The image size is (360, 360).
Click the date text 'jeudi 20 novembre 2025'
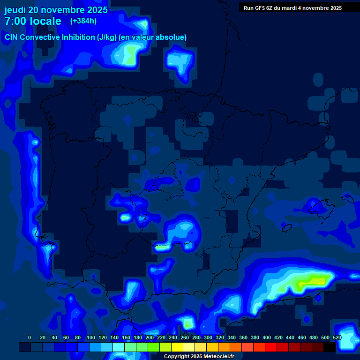(56, 10)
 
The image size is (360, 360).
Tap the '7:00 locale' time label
(33, 21)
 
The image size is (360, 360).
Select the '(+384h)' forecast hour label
(83, 21)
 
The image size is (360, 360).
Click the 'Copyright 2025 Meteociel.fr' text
(199, 357)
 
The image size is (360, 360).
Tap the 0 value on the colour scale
(30, 337)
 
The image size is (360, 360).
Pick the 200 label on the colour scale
(150, 337)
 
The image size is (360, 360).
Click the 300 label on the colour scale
(208, 337)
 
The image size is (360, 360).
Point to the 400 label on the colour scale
(267, 337)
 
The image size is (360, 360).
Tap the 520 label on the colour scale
(337, 337)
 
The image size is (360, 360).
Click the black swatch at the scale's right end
(330, 347)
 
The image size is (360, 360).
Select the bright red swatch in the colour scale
(271, 347)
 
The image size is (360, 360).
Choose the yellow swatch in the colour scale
(177, 347)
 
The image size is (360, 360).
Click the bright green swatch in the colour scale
(154, 347)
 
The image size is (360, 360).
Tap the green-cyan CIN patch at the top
(130, 54)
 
